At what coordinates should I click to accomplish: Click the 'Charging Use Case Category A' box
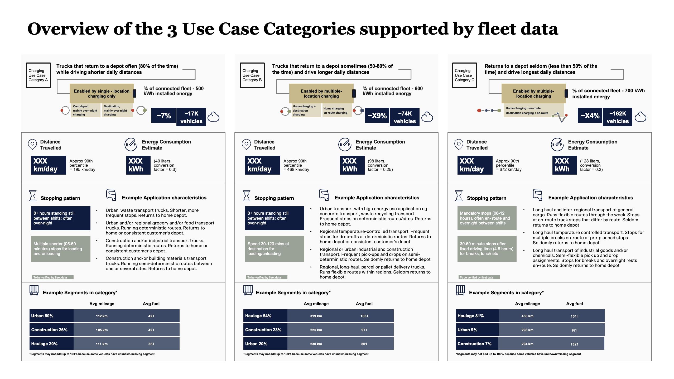[38, 75]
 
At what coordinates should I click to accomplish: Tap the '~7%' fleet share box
[163, 116]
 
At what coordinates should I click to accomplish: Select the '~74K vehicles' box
[405, 117]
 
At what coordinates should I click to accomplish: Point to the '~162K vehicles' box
[617, 117]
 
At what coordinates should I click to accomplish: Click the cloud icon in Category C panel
[640, 117]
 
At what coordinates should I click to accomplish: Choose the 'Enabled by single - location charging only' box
[102, 93]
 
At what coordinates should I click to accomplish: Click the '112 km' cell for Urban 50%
[102, 316]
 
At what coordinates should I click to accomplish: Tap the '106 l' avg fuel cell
[364, 316]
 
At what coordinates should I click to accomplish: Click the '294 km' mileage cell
[527, 344]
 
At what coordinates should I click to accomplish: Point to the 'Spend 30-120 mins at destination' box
[274, 249]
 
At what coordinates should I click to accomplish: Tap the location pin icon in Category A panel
[32, 144]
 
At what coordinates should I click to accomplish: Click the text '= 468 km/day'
[296, 170]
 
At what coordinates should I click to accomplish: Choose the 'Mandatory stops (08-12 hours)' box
[487, 218]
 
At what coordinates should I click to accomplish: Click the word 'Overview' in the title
[68, 29]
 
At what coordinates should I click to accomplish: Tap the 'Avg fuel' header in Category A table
[151, 304]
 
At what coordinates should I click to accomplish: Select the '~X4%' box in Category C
[590, 116]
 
